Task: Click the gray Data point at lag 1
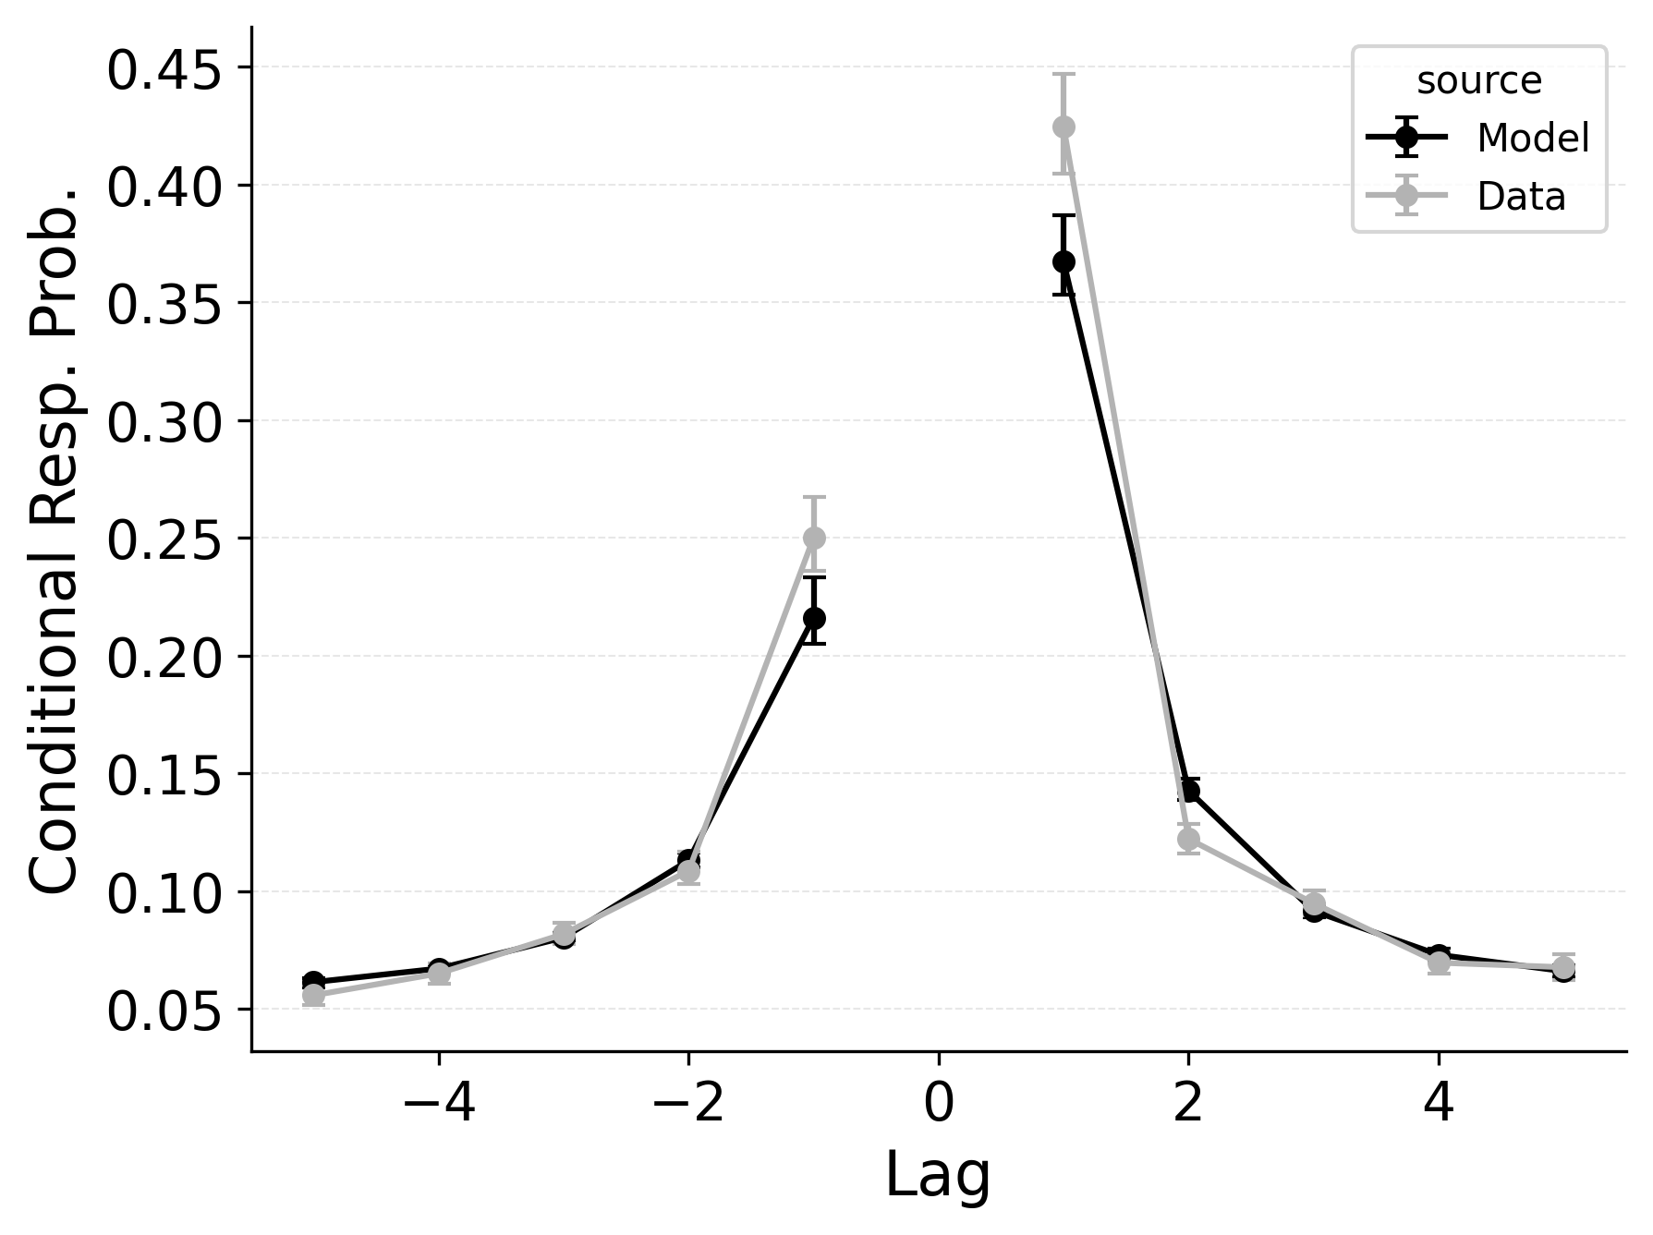pyautogui.click(x=1064, y=127)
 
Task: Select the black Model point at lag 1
pyautogui.click(x=1064, y=261)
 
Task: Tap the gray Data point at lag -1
pyautogui.click(x=814, y=538)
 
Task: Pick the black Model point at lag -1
pyautogui.click(x=814, y=618)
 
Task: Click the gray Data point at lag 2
pyautogui.click(x=1188, y=839)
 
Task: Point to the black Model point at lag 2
pyautogui.click(x=1189, y=791)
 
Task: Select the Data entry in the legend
pyautogui.click(x=1521, y=197)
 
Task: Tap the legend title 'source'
pyautogui.click(x=1479, y=81)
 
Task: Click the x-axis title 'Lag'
pyautogui.click(x=938, y=1176)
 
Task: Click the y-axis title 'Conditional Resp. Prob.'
pyautogui.click(x=54, y=538)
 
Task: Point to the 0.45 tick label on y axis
pyautogui.click(x=164, y=71)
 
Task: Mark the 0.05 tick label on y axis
pyautogui.click(x=164, y=1012)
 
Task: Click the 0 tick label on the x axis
pyautogui.click(x=938, y=1105)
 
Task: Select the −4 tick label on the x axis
pyautogui.click(x=439, y=1105)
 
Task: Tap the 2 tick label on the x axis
pyautogui.click(x=1188, y=1105)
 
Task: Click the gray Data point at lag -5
pyautogui.click(x=313, y=995)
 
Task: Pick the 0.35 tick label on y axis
pyautogui.click(x=164, y=306)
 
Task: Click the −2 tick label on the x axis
pyautogui.click(x=688, y=1105)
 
